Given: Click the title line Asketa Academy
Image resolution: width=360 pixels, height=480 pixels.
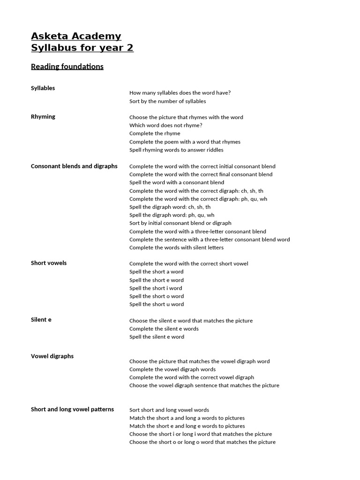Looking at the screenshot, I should coord(76,36).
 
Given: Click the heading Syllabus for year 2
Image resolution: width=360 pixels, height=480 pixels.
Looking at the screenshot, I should coord(82,48).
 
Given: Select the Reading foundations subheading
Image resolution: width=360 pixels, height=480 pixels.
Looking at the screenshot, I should coord(67,67).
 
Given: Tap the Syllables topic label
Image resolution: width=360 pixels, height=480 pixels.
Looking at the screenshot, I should coord(43,88).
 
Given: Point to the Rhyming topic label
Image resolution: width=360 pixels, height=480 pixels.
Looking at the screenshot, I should coord(43,117).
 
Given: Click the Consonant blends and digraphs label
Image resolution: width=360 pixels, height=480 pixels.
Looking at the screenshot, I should coord(74,166).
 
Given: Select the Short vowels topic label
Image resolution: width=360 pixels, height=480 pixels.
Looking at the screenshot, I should coord(49,263).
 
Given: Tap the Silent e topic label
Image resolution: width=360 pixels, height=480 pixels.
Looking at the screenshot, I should coord(41,320).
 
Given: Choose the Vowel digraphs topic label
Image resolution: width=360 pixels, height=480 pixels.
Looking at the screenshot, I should coord(52,356).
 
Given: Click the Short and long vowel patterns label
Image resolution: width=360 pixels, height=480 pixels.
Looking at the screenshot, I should coord(72,409).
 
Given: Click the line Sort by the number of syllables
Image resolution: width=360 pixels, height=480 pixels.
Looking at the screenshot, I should coord(167,101).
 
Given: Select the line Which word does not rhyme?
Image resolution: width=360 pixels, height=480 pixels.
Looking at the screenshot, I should coord(166,126).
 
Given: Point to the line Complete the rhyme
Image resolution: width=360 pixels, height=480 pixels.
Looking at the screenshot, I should coord(155,134).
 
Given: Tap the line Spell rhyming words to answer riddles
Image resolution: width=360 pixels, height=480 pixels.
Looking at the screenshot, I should coord(176,150).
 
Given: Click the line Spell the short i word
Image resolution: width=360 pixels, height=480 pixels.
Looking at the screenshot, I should coord(156,288).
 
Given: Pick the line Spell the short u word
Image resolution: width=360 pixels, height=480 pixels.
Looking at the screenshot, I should coord(157,304).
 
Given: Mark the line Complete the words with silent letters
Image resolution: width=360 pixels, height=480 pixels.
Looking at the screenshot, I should coord(176,247).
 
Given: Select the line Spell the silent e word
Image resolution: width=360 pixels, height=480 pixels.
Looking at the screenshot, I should coord(157,337).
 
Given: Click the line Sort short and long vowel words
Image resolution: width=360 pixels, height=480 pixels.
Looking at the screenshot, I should coord(169,410).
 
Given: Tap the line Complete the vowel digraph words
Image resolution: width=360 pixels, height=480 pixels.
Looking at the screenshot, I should coord(172,369).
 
